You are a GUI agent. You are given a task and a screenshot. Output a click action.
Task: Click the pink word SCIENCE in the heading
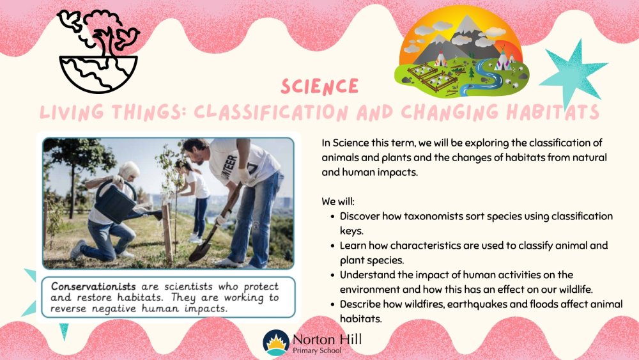[319, 86]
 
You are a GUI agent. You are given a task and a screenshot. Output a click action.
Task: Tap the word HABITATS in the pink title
[552, 112]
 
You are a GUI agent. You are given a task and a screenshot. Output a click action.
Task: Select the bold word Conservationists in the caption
[93, 286]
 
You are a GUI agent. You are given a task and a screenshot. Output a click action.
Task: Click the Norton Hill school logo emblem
[276, 343]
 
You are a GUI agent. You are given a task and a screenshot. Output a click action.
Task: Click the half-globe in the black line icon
[98, 74]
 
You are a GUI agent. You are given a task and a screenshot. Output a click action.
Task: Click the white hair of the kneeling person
[130, 169]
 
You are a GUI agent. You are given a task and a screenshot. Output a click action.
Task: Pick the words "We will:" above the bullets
[338, 201]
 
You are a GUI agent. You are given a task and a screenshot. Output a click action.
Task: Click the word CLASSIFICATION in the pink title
[271, 112]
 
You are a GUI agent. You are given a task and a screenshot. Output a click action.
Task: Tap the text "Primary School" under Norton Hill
[317, 350]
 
